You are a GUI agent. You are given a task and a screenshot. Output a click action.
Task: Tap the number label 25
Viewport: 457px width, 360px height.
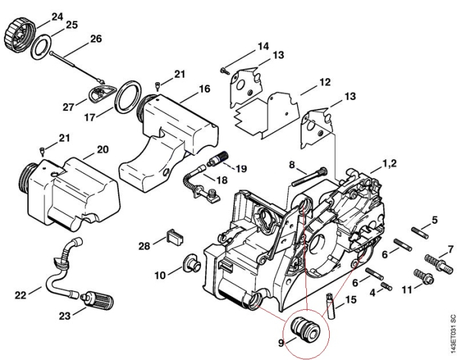pos(71,25)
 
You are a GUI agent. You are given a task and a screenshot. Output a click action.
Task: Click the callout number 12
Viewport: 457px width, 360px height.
pos(324,82)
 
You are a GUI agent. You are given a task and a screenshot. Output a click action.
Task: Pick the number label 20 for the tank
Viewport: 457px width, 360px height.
pos(102,149)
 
